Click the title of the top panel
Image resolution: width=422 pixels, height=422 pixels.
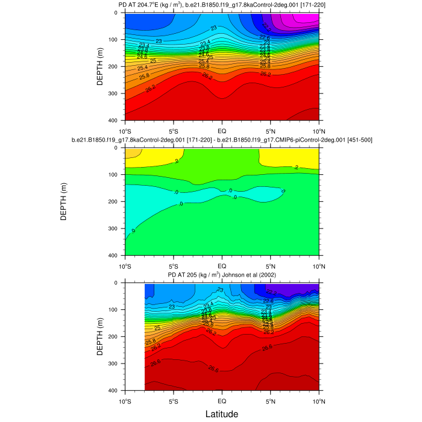tap(221, 5)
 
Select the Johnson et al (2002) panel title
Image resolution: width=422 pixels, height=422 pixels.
tap(221, 276)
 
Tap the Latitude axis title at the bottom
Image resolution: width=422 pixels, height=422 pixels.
tap(221, 414)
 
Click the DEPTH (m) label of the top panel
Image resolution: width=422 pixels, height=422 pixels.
tap(100, 66)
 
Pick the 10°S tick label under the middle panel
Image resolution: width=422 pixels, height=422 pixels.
tap(125, 265)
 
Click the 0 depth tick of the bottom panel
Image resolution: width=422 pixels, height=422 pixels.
tap(119, 283)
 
